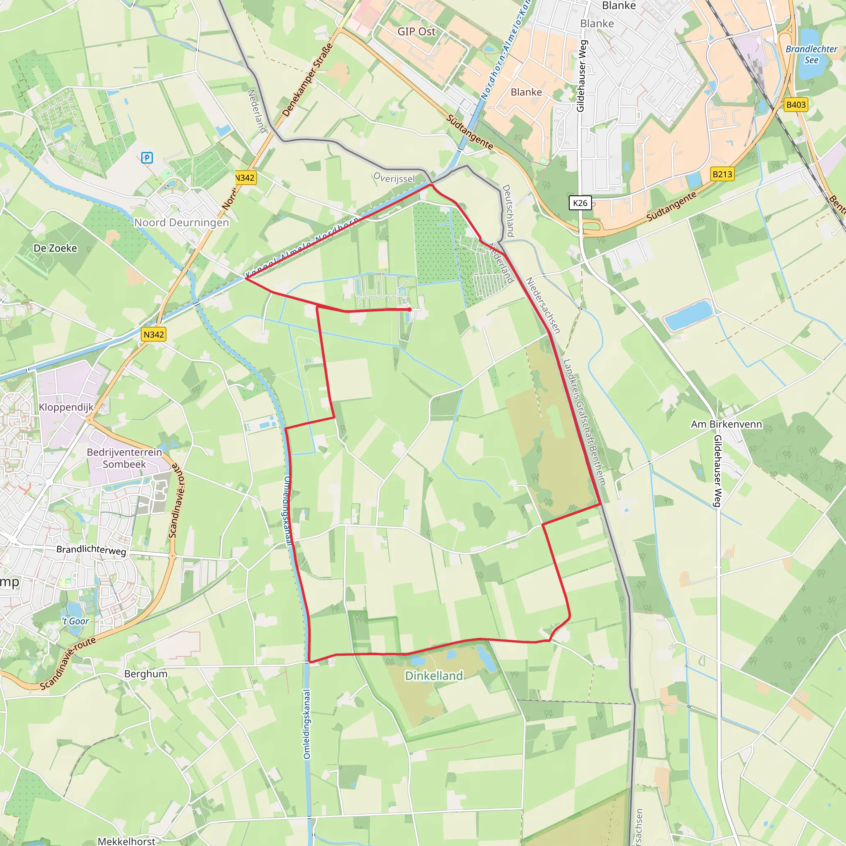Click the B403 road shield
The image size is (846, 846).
coord(796,105)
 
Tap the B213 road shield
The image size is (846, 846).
coord(722,174)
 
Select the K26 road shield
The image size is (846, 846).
coord(580,203)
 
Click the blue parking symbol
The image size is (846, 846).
coord(147,158)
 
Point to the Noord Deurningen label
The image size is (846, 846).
coord(181,223)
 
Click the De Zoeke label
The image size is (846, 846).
coord(55,248)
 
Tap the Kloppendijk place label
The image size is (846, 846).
coord(66,407)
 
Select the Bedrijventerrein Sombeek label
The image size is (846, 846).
coord(124,458)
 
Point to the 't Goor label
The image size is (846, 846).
coord(75,621)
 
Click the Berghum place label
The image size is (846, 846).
coord(146,674)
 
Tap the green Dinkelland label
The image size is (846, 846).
coord(433,676)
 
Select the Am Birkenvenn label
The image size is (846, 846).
coord(727,424)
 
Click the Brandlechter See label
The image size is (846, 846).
coord(811,54)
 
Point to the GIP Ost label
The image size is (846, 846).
coord(416,31)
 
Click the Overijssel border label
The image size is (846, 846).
coord(394,178)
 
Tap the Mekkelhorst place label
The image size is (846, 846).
coord(126,841)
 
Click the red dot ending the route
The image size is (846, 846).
coord(409,309)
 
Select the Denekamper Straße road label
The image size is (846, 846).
coord(307,80)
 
